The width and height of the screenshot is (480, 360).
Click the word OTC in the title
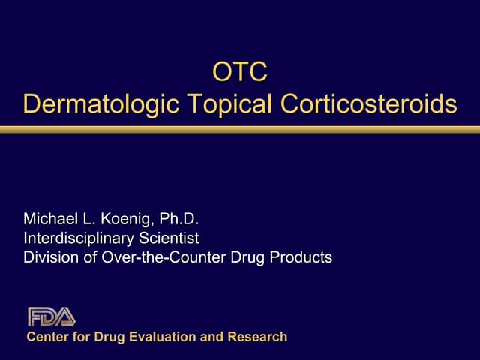240,73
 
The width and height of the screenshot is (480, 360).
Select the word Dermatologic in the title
100,104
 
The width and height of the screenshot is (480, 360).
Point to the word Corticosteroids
368,104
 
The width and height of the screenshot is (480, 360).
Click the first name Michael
52,220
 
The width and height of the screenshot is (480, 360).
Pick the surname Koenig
131,220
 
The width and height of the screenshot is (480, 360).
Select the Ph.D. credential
180,220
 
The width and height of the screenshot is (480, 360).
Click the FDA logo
51,316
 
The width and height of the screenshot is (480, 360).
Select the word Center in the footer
46,337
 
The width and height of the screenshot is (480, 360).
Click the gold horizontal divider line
240,130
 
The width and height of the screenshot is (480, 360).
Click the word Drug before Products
250,257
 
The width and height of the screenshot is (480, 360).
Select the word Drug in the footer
108,337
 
